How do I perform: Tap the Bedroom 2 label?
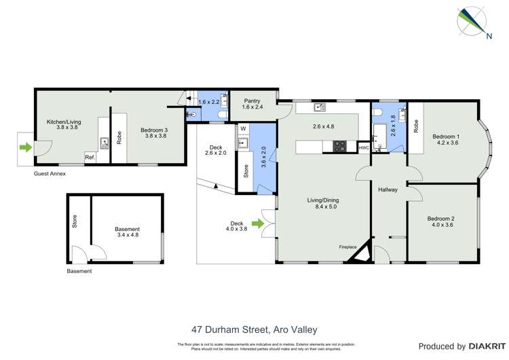pyautogui.click(x=440, y=219)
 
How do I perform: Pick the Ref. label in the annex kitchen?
pyautogui.click(x=90, y=158)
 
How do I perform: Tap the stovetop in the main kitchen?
pyautogui.click(x=339, y=146)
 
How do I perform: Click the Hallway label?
pyautogui.click(x=388, y=190)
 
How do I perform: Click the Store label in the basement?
pyautogui.click(x=75, y=222)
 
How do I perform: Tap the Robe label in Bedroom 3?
pyautogui.click(x=119, y=139)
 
